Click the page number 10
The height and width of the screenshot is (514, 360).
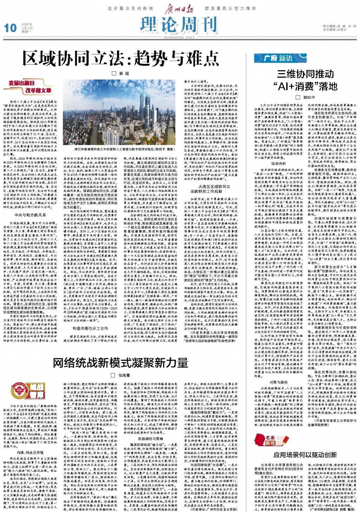coord(10,28)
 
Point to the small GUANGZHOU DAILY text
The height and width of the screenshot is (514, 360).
coord(179,37)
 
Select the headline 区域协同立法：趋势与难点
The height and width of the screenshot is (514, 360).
coord(121,58)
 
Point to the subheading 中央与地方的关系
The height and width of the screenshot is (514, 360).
coord(30,215)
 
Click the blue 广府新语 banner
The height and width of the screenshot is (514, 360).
coord(280,58)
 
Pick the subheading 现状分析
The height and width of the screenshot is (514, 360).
coord(278,163)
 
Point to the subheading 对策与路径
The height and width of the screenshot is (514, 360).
coord(278,382)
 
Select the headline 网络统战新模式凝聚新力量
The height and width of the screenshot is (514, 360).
coord(121,363)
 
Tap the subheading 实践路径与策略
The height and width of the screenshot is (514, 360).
coord(150,439)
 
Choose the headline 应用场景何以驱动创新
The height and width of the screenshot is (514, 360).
coord(305,455)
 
